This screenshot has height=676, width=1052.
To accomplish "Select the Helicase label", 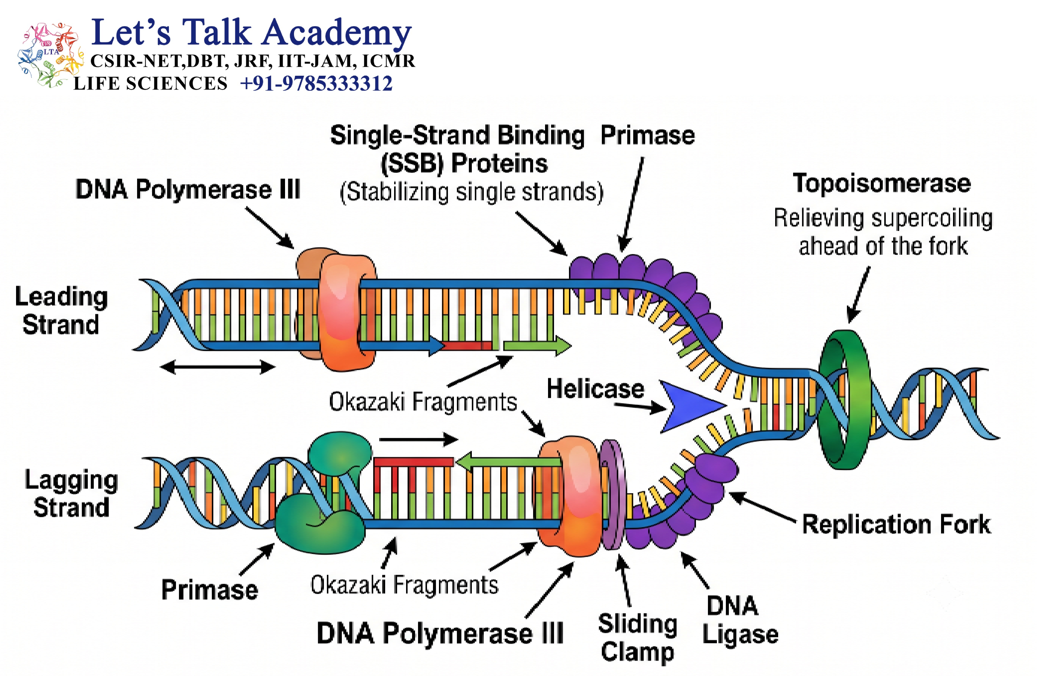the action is (x=595, y=389).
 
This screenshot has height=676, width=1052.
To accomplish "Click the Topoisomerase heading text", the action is (x=882, y=184).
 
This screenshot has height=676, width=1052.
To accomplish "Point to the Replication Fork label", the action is (x=897, y=524).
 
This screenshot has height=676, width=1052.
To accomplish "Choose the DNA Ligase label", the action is (x=740, y=620).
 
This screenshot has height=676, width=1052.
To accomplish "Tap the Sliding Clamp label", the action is (x=638, y=638).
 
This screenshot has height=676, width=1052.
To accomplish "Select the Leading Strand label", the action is (x=61, y=311).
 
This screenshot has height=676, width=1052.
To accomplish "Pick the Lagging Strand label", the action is (x=71, y=494).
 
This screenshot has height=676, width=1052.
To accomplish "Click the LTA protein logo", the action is (x=50, y=55).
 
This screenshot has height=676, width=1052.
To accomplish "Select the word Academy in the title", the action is (x=337, y=33).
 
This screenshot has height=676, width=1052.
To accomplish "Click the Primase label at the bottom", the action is (x=210, y=589).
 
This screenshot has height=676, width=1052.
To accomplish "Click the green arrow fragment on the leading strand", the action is (x=537, y=345).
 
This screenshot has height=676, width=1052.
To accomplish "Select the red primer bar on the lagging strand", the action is (x=413, y=462).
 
